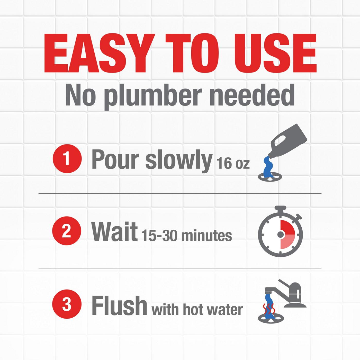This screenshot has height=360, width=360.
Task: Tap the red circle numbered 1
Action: point(67,159)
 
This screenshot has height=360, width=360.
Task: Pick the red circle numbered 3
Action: point(67,305)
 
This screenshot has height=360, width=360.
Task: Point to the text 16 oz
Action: point(233,163)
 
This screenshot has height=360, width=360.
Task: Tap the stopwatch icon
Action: point(280,233)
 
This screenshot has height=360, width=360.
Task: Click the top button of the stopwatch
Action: point(280,208)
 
